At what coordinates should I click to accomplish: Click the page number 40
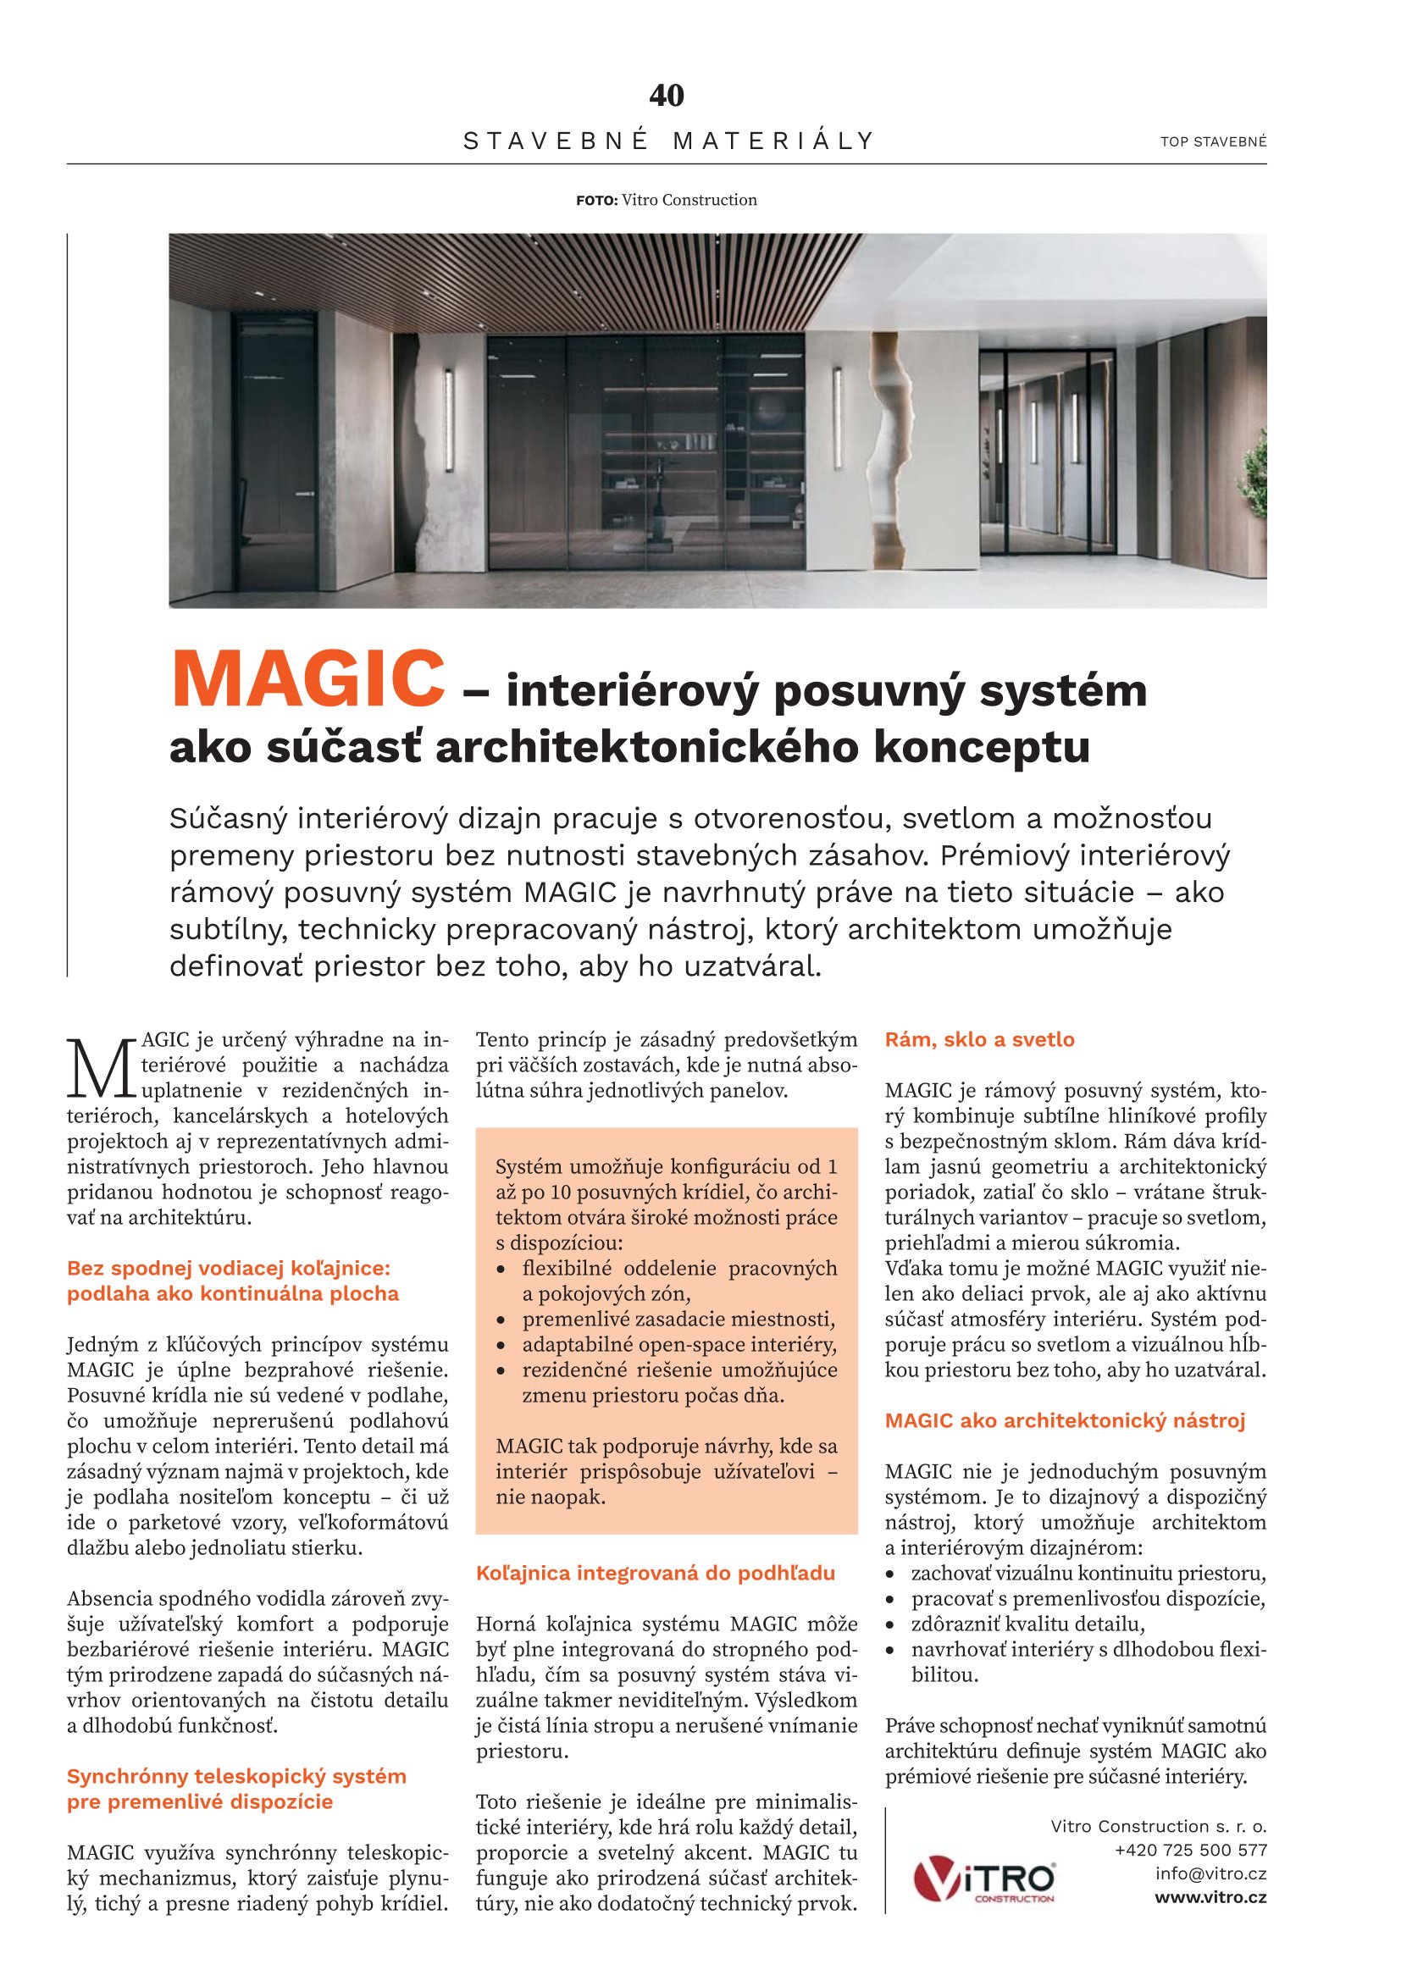[666, 96]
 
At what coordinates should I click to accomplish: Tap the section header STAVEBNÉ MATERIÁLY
[668, 141]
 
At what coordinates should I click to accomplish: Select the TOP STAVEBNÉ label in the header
[1213, 142]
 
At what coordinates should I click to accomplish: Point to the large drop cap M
[101, 1067]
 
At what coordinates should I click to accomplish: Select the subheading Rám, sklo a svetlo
[979, 1040]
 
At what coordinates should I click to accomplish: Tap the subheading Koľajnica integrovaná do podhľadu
[655, 1573]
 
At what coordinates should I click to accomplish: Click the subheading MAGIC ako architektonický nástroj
[1065, 1421]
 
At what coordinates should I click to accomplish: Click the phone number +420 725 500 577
[1190, 1850]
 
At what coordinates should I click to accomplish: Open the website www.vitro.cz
[1210, 1897]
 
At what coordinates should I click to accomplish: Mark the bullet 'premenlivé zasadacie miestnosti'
[678, 1320]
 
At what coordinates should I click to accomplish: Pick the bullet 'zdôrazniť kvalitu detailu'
[1027, 1624]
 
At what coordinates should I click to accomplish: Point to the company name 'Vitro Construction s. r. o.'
[1158, 1826]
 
